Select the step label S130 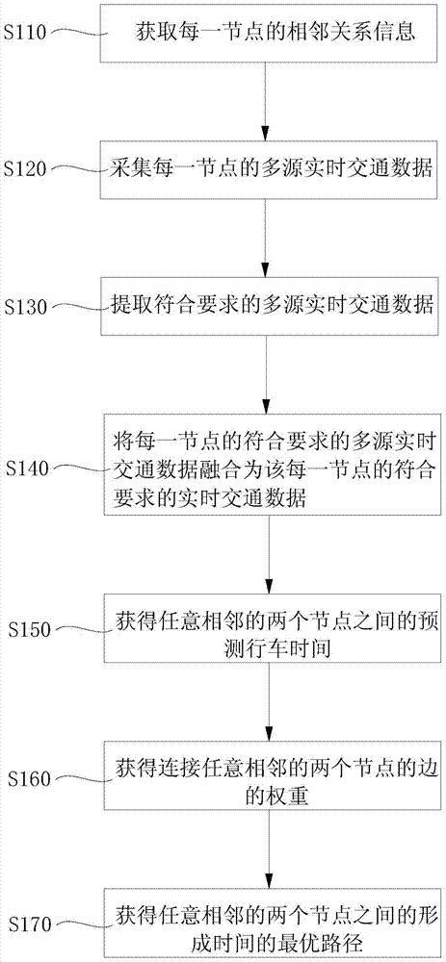25,307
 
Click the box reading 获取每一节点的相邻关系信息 266,32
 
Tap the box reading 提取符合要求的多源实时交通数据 266,306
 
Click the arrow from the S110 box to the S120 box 266,101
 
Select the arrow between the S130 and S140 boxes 266,375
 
